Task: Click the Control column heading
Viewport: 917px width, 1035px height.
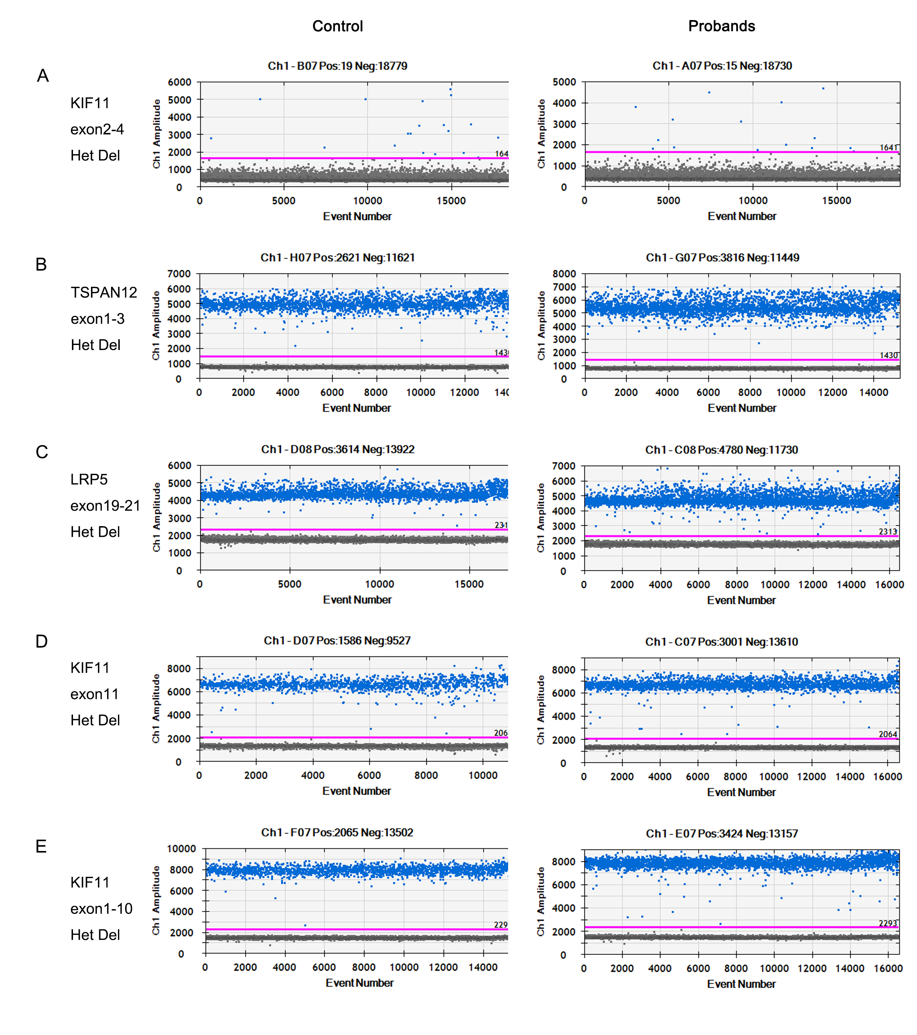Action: pos(337,26)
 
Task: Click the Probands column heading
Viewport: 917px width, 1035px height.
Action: pos(721,26)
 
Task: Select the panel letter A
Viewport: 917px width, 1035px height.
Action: pos(43,75)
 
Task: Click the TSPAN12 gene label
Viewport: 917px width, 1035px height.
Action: pos(104,292)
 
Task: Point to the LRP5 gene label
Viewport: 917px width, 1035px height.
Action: pos(89,479)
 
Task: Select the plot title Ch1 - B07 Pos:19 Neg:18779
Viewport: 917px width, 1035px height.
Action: pos(337,66)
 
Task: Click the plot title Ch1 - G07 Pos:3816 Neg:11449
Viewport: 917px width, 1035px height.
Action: pos(722,257)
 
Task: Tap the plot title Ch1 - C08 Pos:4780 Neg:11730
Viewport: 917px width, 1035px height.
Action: pos(721,450)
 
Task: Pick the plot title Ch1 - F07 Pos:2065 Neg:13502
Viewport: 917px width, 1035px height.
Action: pos(337,832)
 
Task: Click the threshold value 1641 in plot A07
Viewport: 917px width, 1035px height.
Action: pos(888,147)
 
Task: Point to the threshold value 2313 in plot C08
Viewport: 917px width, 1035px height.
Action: pos(888,531)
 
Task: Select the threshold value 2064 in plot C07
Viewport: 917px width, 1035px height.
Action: pos(888,734)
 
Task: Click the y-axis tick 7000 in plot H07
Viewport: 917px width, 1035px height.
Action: pos(179,274)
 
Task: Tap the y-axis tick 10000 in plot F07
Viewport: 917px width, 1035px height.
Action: pos(181,848)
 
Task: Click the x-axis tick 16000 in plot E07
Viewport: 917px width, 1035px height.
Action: pos(888,968)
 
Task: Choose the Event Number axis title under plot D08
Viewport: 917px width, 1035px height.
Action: pos(357,599)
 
